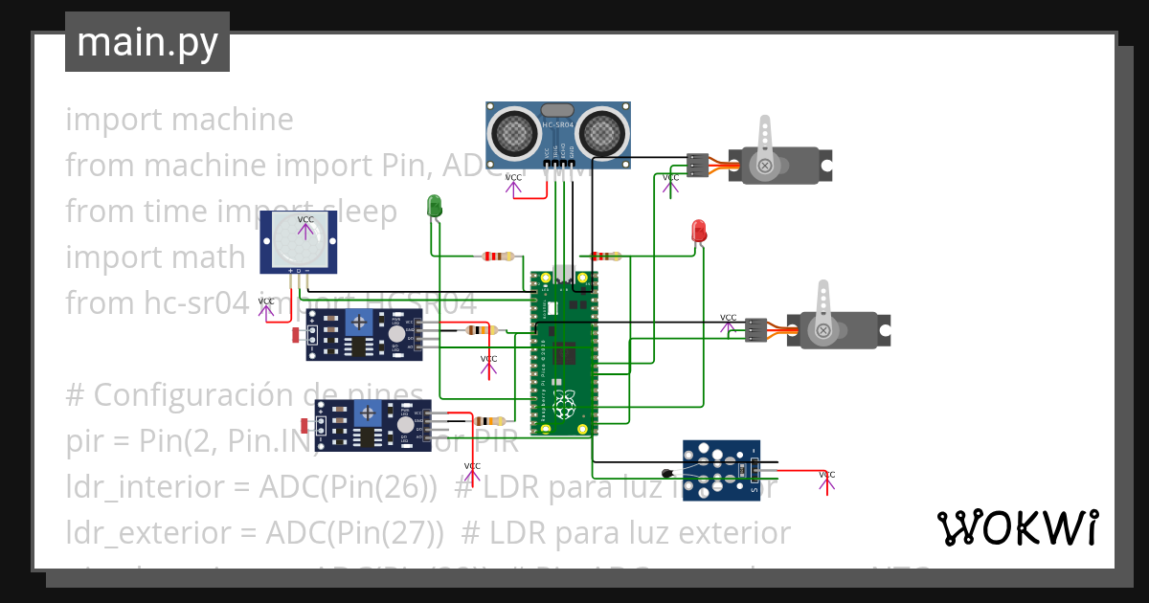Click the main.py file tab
pos(146,42)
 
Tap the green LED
pos(434,205)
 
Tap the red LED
pos(699,231)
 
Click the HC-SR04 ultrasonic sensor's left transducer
pos(516,132)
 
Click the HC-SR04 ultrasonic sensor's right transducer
pos(601,132)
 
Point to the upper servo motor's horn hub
pos(765,167)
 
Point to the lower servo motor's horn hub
pos(822,330)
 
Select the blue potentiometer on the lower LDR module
pos(367,413)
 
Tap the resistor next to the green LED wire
pos(496,257)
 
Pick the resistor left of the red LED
pos(605,257)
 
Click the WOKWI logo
pos(1017,527)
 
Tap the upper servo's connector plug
pos(698,166)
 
